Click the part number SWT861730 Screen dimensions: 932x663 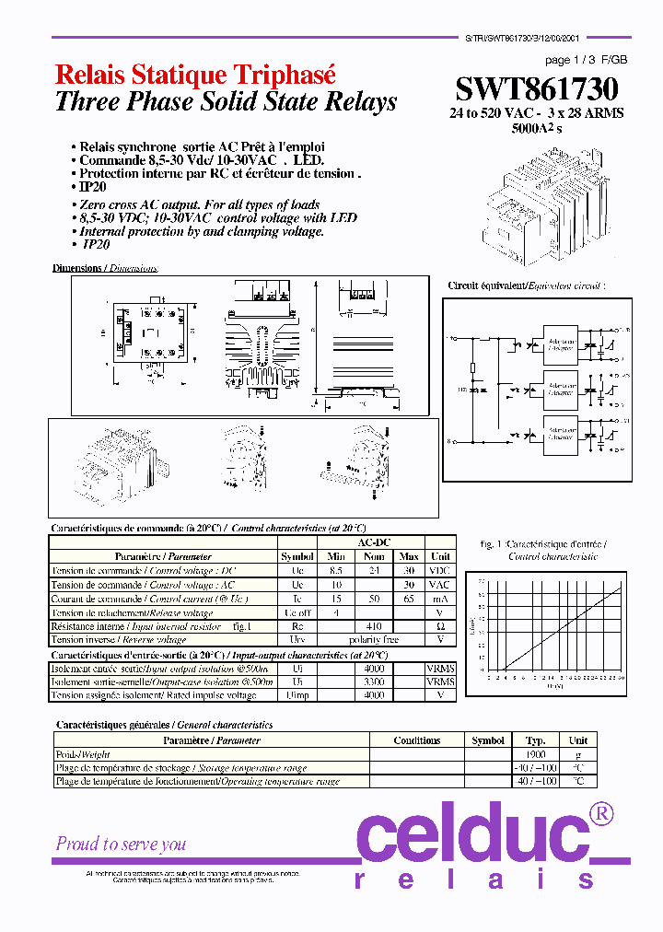click(x=536, y=89)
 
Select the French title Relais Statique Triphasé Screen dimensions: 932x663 click(x=195, y=75)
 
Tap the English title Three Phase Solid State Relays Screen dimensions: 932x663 click(x=226, y=102)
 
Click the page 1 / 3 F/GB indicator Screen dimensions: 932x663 click(x=586, y=60)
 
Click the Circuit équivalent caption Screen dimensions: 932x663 click(x=527, y=286)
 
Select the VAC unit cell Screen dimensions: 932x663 click(x=440, y=585)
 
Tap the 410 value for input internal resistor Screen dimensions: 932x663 click(x=373, y=626)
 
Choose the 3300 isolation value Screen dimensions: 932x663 click(x=373, y=682)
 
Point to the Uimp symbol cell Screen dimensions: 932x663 click(x=297, y=695)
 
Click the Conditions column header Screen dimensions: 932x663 click(x=416, y=740)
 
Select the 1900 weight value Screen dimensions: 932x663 click(x=535, y=754)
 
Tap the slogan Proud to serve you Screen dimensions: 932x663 click(x=121, y=844)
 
